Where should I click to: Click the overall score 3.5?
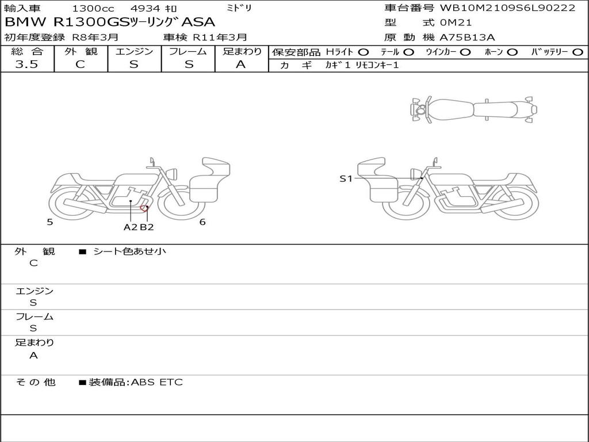click(26, 64)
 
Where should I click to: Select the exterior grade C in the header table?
click(80, 64)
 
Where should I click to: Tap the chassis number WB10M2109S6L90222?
click(507, 7)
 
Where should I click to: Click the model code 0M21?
click(456, 22)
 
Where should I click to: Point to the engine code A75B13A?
click(467, 37)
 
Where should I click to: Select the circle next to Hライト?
click(364, 52)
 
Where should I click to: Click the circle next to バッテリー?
click(577, 52)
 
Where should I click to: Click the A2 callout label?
click(131, 227)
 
